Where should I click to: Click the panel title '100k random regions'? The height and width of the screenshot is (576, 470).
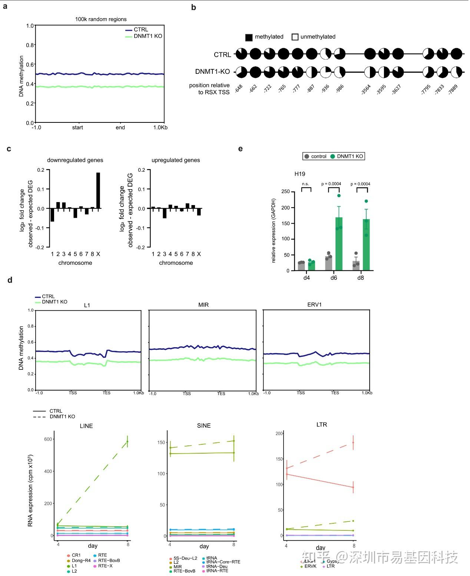[101, 19]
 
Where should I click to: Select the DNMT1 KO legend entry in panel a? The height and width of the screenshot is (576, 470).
[148, 36]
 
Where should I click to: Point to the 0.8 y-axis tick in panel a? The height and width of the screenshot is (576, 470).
[30, 45]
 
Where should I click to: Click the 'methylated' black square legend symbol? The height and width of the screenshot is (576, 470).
[249, 37]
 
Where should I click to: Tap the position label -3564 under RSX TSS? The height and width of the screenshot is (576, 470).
[366, 90]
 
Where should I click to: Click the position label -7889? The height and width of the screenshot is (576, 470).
[453, 90]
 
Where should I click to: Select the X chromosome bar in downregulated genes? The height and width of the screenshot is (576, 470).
[98, 191]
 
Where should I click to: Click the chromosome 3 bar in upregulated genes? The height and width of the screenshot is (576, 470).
[165, 213]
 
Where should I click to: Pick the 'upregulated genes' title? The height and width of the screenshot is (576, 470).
[176, 160]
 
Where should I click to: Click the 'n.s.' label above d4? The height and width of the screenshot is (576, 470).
[305, 184]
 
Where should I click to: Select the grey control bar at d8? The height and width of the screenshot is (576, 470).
[356, 266]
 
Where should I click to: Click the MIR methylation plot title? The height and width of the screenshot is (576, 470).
[203, 305]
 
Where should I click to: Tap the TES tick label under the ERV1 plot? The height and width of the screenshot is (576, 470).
[335, 393]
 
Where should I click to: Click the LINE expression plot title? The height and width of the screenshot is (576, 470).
[86, 426]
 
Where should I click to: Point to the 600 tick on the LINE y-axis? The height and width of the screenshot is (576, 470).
[48, 439]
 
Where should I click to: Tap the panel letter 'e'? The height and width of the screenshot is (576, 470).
[241, 149]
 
